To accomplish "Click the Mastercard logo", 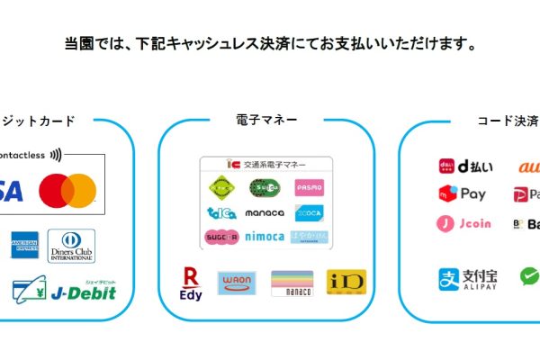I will pyautogui.click(x=67, y=188).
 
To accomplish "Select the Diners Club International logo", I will pyautogui.click(x=70, y=245).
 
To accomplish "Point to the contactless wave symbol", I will pyautogui.click(x=57, y=154).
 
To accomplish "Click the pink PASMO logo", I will pyautogui.click(x=308, y=187).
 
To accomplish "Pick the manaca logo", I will pyautogui.click(x=265, y=212).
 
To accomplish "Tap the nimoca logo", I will pyautogui.click(x=265, y=238).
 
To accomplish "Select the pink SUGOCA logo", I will pyautogui.click(x=221, y=238).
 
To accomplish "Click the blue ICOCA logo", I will pyautogui.click(x=308, y=212).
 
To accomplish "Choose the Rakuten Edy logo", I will pyautogui.click(x=191, y=283).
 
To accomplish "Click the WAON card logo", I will pyautogui.click(x=237, y=283).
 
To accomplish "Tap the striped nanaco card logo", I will pyautogui.click(x=292, y=283).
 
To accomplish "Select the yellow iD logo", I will pyautogui.click(x=346, y=282).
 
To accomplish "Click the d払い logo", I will pyautogui.click(x=463, y=166).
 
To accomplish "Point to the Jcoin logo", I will pyautogui.click(x=464, y=223).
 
